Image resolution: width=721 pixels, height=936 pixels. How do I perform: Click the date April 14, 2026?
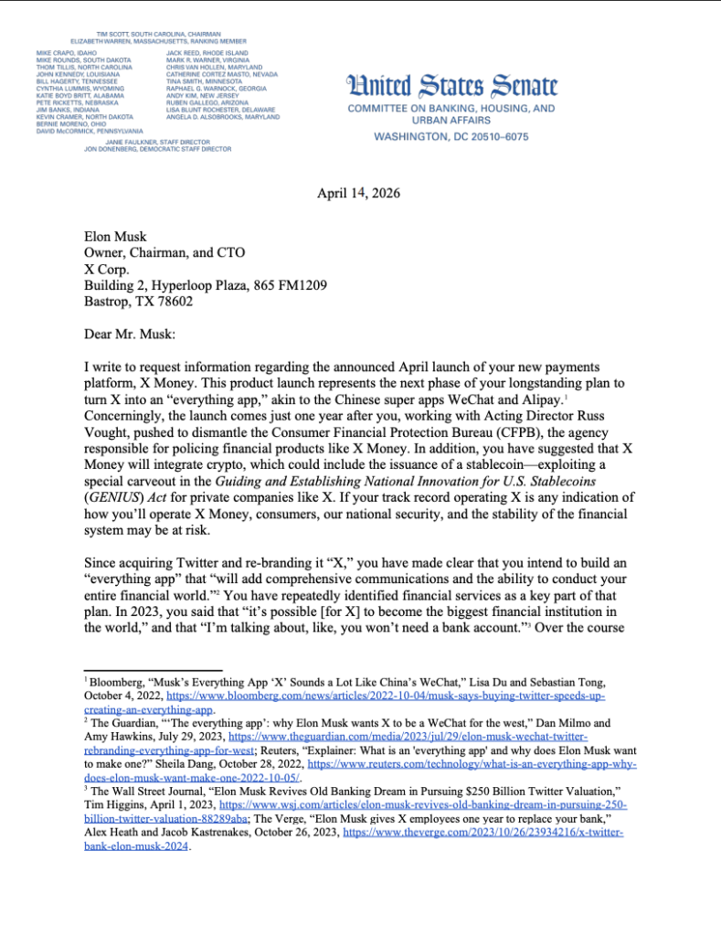coord(358,193)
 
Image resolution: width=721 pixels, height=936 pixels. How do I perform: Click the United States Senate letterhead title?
coord(451,87)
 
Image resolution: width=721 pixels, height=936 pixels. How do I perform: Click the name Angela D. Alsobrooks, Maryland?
coord(222,118)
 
